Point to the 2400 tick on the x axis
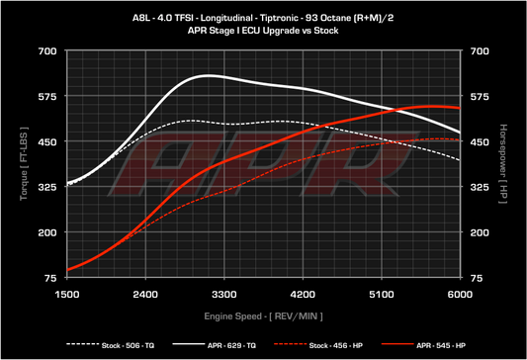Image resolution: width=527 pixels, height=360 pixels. [x=145, y=295]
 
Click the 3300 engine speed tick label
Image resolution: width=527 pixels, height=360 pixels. [x=224, y=295]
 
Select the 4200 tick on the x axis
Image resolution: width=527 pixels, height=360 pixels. [x=303, y=295]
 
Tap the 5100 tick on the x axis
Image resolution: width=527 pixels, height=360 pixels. [x=382, y=295]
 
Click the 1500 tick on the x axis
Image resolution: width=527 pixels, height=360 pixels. [x=67, y=295]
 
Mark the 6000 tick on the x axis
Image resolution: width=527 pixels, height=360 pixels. [x=460, y=295]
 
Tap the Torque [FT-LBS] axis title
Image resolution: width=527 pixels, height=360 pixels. [x=22, y=164]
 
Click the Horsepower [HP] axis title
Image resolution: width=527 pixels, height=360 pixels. [x=503, y=164]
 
